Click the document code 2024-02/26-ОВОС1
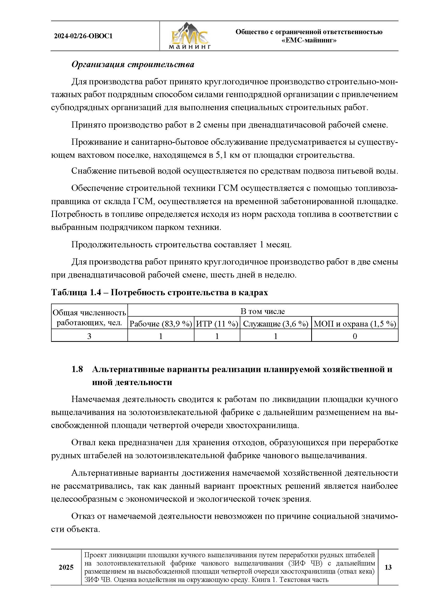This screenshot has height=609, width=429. point(83,36)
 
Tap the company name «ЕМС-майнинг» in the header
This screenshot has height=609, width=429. point(309,41)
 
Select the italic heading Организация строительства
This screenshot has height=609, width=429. point(133,65)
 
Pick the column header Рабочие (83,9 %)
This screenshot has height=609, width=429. point(161,324)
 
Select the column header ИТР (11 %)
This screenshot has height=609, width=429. point(217,324)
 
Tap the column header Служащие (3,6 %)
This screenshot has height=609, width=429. point(275,324)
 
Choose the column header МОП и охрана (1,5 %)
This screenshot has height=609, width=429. point(355,324)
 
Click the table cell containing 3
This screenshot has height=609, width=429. point(89,336)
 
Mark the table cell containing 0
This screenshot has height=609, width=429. point(355,336)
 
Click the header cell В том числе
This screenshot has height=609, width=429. point(262,311)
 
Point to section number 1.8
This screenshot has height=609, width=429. point(77,369)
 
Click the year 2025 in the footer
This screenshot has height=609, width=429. point(66,567)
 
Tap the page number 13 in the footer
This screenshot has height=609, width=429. point(388,567)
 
